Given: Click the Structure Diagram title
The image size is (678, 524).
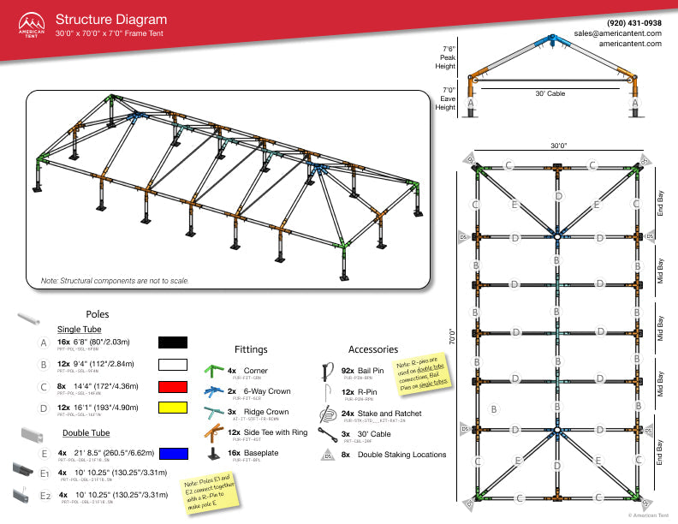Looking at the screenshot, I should [111, 20].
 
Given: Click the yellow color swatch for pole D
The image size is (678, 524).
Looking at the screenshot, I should [173, 410].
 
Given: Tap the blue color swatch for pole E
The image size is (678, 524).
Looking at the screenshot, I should [173, 453].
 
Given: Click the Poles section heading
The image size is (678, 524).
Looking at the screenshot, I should [98, 314].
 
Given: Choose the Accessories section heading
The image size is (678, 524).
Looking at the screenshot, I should [373, 349].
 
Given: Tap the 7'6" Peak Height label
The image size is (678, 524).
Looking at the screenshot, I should [445, 57].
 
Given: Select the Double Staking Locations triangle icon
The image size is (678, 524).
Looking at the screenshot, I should [326, 456].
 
